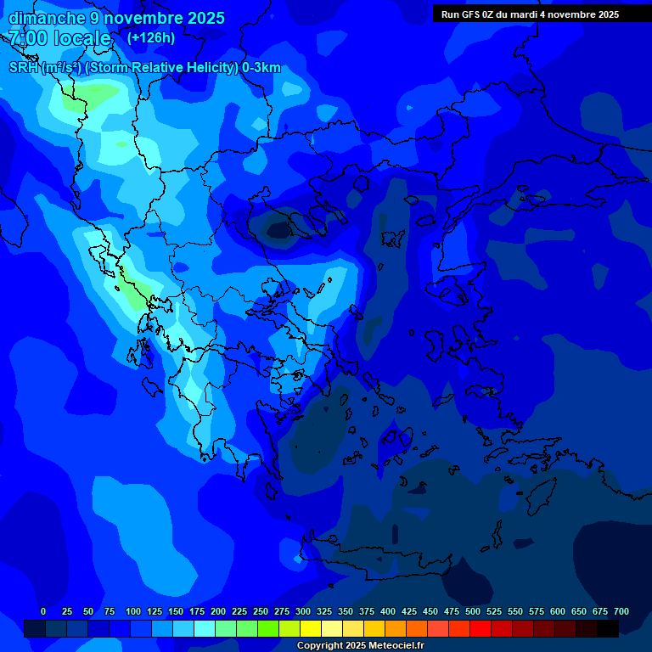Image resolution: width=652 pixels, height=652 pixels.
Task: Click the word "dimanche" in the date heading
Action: [48, 18]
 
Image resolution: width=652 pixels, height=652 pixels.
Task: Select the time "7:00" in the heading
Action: [29, 38]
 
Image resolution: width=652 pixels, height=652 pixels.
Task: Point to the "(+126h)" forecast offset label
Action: [151, 37]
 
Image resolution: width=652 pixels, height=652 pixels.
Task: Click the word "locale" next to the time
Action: [82, 38]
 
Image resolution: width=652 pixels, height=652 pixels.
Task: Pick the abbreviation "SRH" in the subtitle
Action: [24, 68]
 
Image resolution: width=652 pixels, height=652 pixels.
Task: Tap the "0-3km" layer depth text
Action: [261, 68]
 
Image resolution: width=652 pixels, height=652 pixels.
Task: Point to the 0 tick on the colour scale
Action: [43, 611]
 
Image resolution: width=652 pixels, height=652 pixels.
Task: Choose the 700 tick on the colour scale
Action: [621, 611]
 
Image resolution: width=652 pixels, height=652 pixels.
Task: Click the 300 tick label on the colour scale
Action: [303, 611]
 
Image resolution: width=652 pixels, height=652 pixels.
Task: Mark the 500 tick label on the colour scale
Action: [473, 611]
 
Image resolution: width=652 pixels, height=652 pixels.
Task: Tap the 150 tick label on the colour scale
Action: [176, 611]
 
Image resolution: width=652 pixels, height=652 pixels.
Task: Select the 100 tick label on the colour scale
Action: [133, 611]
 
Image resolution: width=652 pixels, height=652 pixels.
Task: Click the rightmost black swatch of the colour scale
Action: [608, 628]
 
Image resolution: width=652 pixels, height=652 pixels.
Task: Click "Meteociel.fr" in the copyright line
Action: [394, 646]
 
